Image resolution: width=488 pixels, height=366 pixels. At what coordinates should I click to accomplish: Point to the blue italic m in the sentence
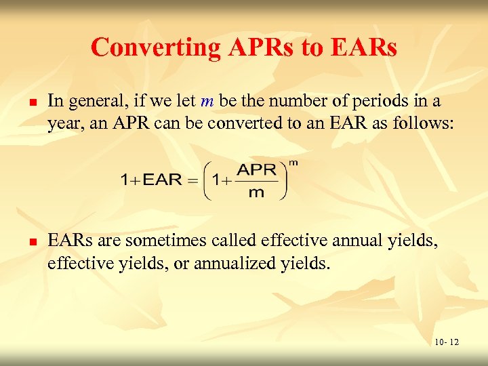click(x=207, y=101)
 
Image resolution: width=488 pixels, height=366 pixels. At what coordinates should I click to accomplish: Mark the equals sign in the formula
click(x=191, y=180)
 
